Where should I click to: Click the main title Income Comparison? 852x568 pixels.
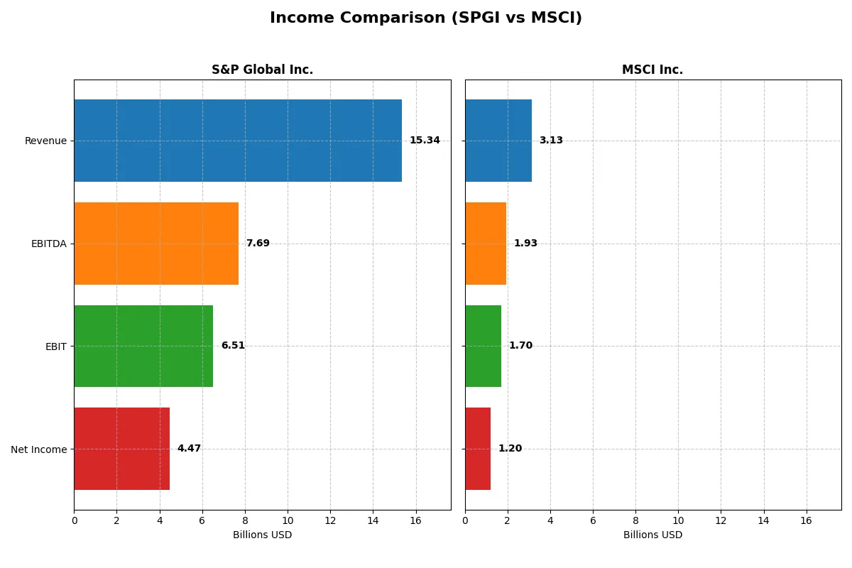tap(425, 18)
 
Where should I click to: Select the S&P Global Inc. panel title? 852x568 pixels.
tap(262, 70)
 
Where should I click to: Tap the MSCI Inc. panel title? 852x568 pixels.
tap(652, 70)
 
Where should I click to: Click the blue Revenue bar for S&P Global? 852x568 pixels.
tap(238, 141)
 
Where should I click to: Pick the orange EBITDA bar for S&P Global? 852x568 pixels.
tap(156, 244)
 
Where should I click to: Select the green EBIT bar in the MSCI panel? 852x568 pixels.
tap(483, 346)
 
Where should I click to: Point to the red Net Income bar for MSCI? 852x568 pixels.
tap(478, 449)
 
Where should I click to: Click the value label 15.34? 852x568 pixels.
tap(425, 141)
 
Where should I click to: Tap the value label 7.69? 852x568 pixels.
tap(258, 244)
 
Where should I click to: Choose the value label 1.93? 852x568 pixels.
tap(525, 244)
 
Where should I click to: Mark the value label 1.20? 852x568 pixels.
tap(510, 449)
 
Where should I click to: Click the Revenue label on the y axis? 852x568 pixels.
tap(45, 141)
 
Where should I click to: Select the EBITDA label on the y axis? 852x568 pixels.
tap(48, 244)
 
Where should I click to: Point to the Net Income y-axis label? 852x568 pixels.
tap(39, 449)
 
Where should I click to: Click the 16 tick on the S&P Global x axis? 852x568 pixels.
tap(415, 521)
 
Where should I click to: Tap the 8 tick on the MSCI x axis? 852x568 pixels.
tap(635, 521)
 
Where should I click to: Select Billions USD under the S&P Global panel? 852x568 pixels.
tap(262, 535)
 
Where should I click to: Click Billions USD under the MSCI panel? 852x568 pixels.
tap(652, 535)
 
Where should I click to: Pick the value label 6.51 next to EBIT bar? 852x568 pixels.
tap(233, 346)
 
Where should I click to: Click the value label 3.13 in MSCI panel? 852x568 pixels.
tap(551, 141)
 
